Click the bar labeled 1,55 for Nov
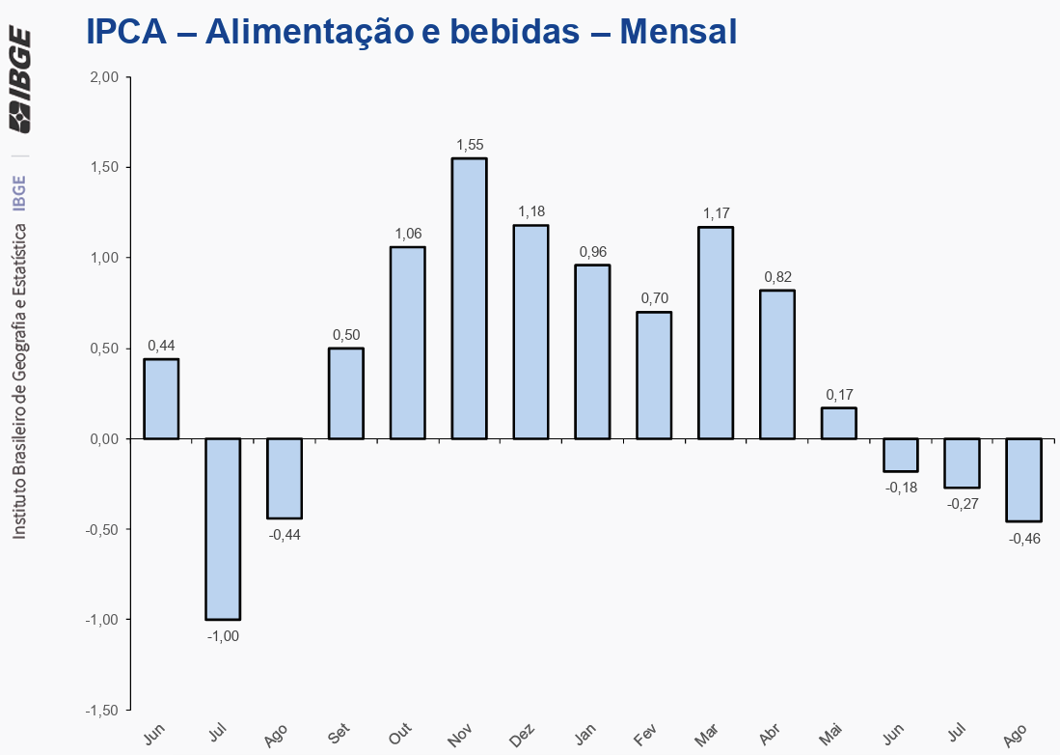coord(469,298)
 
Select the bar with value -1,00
coord(223,528)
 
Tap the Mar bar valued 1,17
coord(716,333)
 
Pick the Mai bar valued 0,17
coord(838,423)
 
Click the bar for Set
coord(346,393)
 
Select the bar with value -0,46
coord(1023,480)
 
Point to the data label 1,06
coord(408,234)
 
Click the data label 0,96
coord(592,252)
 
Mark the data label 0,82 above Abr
coord(777,277)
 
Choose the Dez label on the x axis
coord(522,736)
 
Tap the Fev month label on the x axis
coord(646,736)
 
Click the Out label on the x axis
coord(399,736)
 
